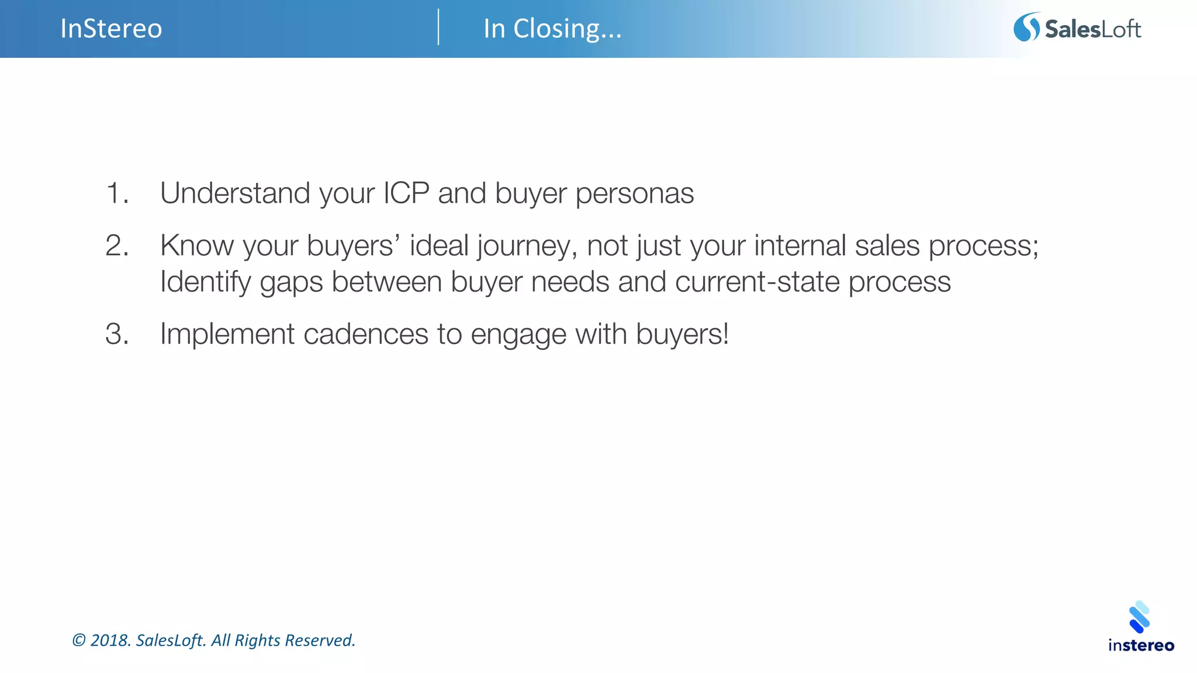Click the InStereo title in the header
[x=111, y=29]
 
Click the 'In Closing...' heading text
[x=552, y=29]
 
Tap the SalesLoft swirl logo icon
[x=1026, y=27]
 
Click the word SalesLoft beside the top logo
[x=1092, y=29]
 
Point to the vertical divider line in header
[x=438, y=27]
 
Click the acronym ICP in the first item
[x=406, y=193]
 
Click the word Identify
[x=205, y=283]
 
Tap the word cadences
[x=366, y=335]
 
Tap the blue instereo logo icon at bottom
[x=1140, y=617]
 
